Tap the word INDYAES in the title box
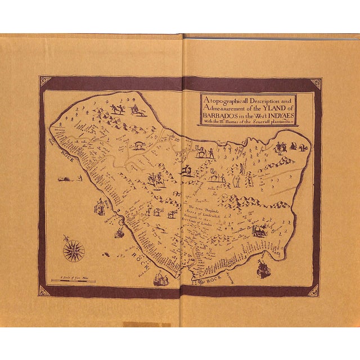(x=280, y=111)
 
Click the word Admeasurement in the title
(x=227, y=103)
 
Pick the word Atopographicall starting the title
(x=222, y=97)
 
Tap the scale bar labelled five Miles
(x=73, y=280)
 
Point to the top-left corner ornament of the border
(x=44, y=83)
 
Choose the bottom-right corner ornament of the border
(x=314, y=290)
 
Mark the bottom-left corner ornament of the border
(x=44, y=290)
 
